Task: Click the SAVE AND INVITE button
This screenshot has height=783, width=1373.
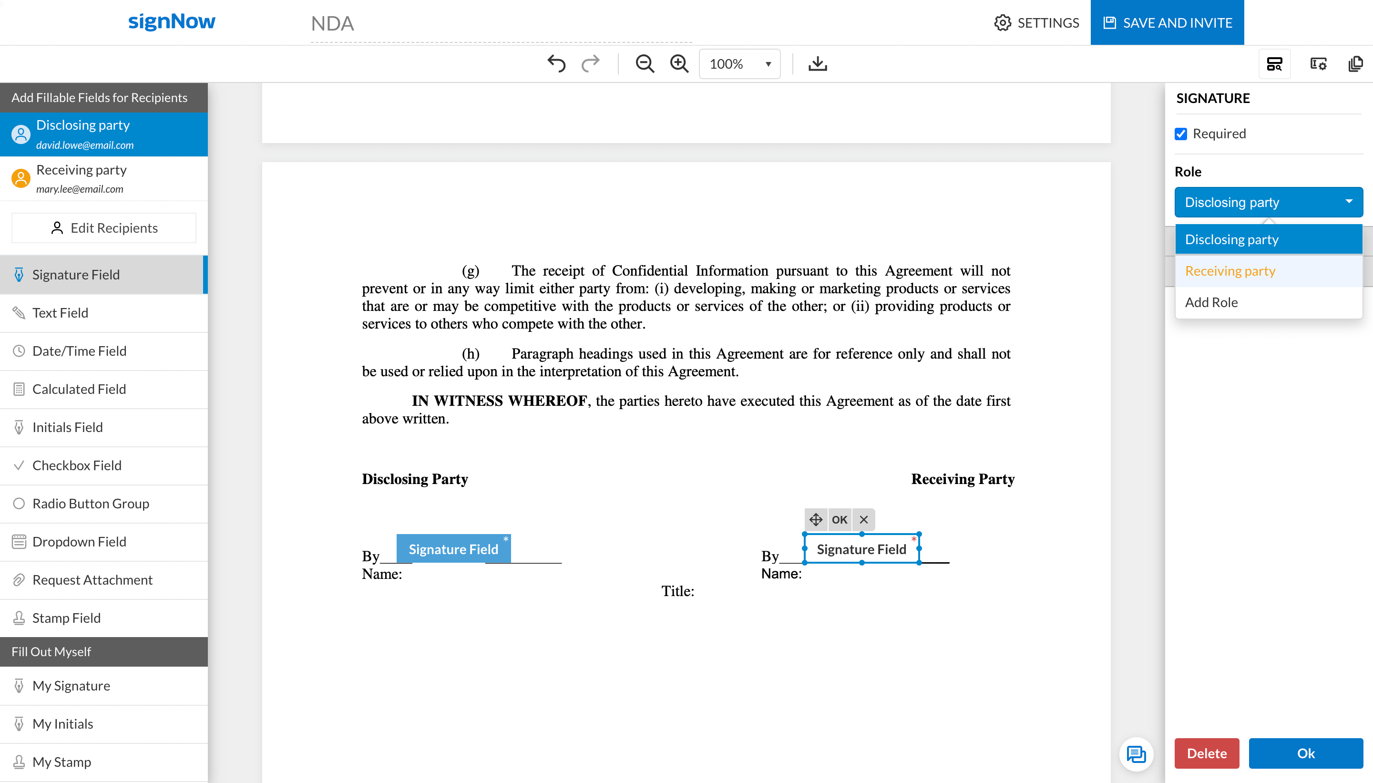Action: point(1167,22)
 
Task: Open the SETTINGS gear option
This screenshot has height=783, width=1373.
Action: point(1036,22)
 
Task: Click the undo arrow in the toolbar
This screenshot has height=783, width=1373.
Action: point(556,63)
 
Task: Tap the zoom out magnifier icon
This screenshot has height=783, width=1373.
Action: point(644,63)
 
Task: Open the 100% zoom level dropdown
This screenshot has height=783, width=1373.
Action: point(739,64)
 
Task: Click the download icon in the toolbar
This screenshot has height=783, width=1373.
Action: point(817,63)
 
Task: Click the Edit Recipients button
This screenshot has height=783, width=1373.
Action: point(104,228)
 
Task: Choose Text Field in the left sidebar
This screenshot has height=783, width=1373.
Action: point(60,313)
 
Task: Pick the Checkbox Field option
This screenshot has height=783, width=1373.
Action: point(77,465)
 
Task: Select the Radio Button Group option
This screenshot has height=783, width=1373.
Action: point(90,504)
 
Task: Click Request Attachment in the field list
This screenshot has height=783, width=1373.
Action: point(92,580)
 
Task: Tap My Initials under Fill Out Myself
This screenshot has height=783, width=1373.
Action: point(62,724)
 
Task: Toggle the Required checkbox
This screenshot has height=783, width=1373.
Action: point(1180,134)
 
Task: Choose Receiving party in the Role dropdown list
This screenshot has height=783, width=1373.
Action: point(1230,271)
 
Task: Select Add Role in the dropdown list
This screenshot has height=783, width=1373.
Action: point(1211,302)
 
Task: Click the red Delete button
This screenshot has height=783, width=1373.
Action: point(1206,753)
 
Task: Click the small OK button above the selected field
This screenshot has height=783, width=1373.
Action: point(839,519)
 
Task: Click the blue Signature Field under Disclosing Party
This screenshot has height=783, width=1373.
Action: point(453,549)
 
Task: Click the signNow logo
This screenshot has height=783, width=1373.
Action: point(172,21)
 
